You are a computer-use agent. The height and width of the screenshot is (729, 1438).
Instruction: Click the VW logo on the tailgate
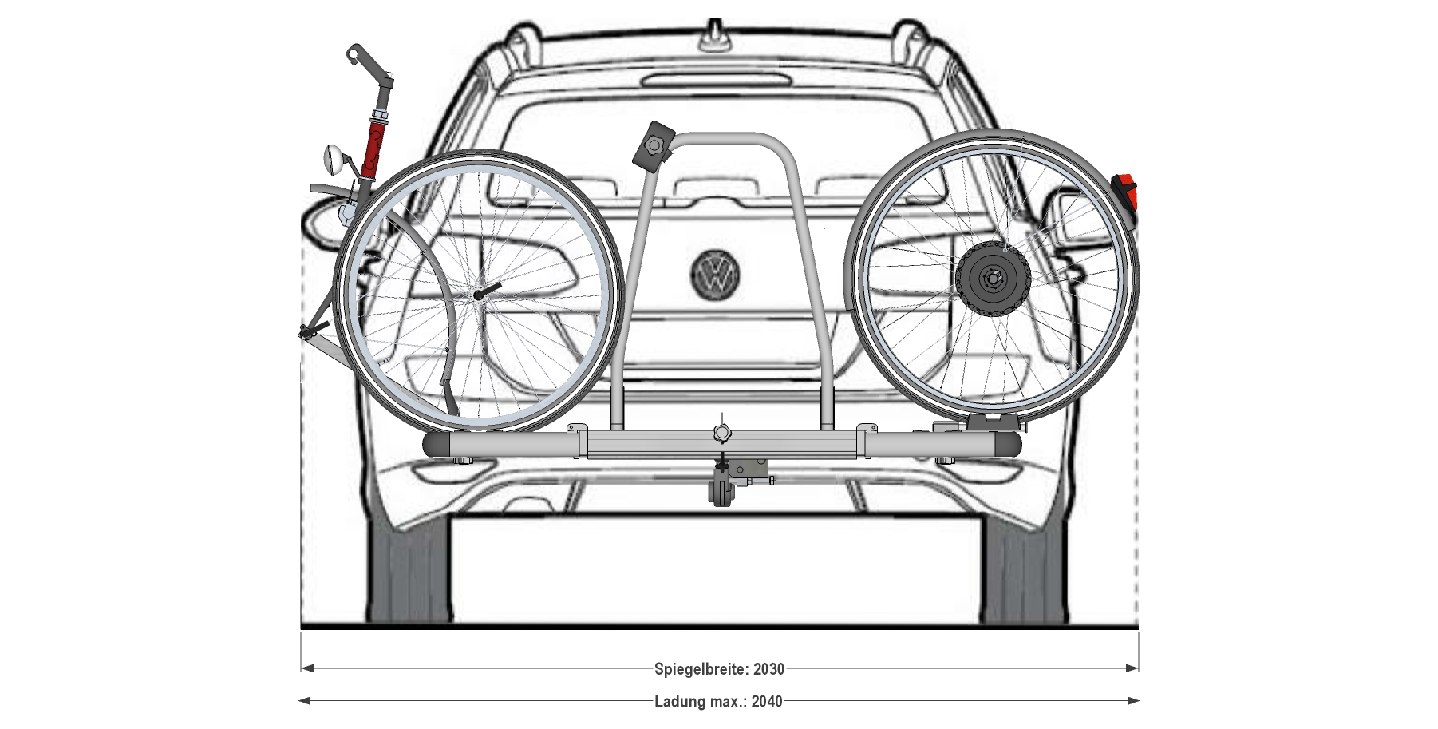point(715,274)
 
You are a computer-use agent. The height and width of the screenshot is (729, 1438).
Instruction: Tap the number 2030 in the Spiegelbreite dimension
point(768,669)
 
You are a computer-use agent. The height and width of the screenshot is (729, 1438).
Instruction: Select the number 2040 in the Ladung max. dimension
point(767,702)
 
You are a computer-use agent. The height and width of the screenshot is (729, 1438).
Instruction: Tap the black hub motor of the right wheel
point(994,279)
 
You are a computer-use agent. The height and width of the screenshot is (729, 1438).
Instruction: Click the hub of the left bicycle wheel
point(477,295)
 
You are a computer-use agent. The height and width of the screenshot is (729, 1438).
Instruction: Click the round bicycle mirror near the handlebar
point(333,160)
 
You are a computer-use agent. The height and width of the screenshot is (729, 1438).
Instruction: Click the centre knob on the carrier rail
point(721,433)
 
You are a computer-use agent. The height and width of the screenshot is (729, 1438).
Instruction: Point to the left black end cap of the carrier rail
point(436,446)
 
